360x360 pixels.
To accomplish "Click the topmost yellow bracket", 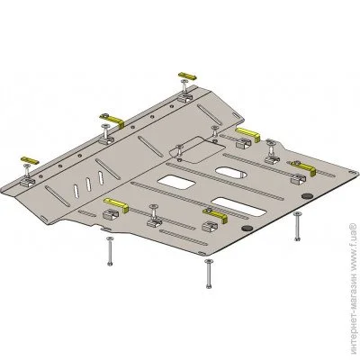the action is point(187,76).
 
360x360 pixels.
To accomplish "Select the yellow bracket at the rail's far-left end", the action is point(29,160).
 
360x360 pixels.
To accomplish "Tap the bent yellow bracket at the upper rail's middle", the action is point(114,120).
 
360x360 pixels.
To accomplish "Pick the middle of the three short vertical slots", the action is point(88,184).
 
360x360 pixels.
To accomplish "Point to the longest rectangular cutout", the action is point(238,207).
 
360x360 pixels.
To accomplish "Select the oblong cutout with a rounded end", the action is point(231,172).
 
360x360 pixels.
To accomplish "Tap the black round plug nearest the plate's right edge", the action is point(307,196).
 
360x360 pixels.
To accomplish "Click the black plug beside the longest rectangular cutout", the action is point(247,229).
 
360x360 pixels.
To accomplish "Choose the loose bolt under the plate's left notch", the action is point(110,250).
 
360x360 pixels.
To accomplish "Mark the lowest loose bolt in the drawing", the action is point(209,274).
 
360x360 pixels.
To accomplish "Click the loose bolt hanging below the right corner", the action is point(297,226).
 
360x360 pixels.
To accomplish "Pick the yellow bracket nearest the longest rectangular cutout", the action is point(215,215).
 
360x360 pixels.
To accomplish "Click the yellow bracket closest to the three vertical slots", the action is point(116,204).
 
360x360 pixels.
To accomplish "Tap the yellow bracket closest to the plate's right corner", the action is point(303,167).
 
